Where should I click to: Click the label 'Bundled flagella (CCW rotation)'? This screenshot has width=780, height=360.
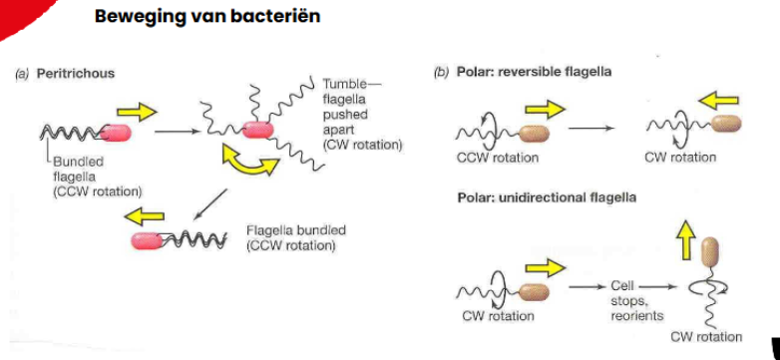(x=95, y=176)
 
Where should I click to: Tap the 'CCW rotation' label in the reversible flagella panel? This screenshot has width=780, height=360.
(x=501, y=158)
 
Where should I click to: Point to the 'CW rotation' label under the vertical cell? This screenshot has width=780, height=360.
(x=707, y=337)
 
